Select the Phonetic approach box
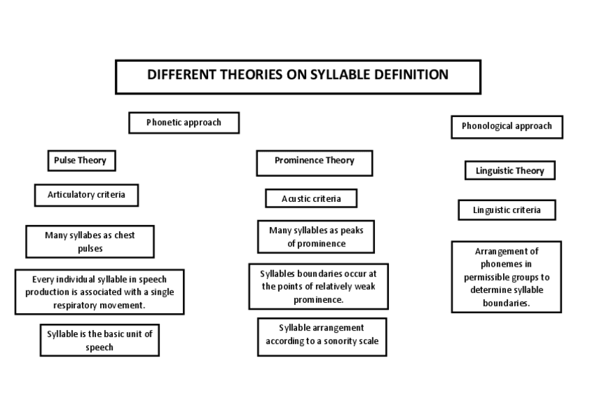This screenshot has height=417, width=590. click(184, 123)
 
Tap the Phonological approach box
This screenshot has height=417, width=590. click(507, 127)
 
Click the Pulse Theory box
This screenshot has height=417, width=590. click(81, 161)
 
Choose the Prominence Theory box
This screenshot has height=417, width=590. click(314, 162)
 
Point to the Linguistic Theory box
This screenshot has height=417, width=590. click(510, 171)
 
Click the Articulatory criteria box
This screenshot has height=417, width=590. click(86, 195)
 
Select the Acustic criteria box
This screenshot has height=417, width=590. click(311, 198)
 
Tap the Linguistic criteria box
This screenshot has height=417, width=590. click(507, 210)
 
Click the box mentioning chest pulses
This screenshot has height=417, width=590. click(90, 242)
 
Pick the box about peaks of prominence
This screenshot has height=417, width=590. click(316, 237)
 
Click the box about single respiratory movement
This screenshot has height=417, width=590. click(99, 292)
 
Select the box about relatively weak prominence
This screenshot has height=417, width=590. click(318, 286)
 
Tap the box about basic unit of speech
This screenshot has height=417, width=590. click(99, 340)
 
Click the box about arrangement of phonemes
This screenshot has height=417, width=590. click(506, 277)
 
